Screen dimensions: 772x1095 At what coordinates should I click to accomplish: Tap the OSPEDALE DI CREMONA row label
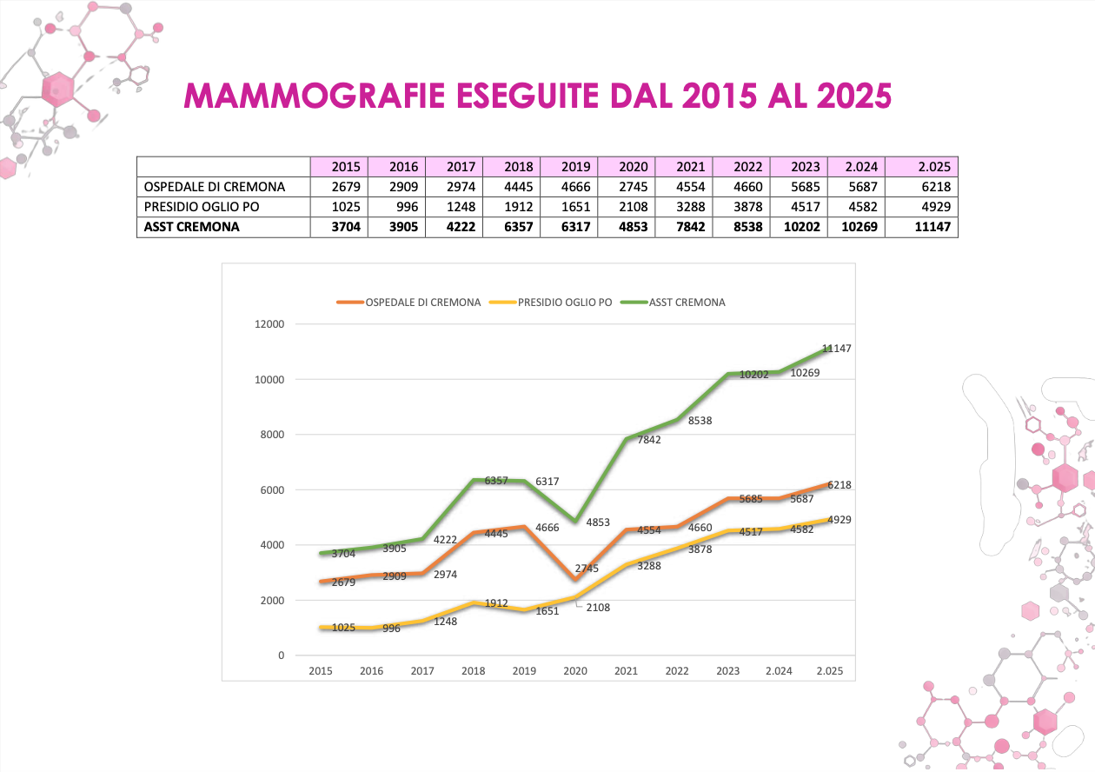215,186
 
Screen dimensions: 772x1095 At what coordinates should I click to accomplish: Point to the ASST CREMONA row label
192,227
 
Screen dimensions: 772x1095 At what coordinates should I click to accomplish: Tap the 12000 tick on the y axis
269,324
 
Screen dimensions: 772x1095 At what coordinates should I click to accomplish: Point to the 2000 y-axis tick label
272,600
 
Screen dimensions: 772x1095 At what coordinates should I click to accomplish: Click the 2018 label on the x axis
473,671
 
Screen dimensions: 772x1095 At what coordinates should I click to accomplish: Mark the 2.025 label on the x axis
830,671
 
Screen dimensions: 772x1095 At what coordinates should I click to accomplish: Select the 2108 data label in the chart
598,608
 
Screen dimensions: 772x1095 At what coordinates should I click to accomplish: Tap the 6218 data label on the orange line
839,485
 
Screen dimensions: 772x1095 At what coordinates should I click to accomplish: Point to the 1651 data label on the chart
547,611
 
